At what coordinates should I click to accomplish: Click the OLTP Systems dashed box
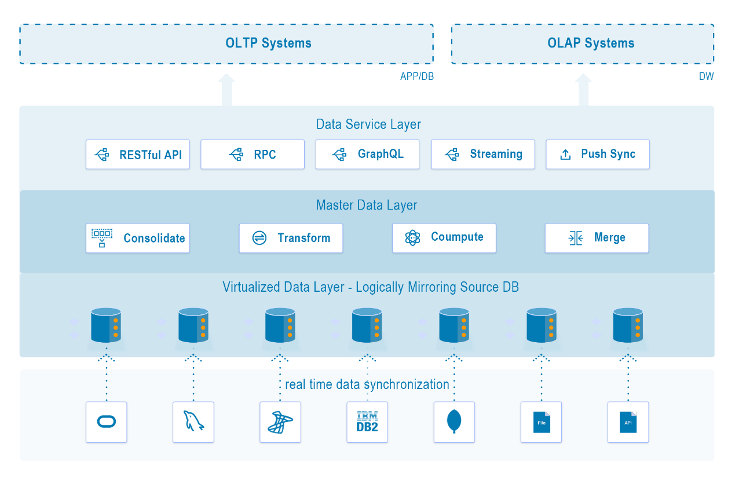[x=226, y=43]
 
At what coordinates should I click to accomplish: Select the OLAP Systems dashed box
[x=583, y=43]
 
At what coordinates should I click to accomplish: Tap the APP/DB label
[x=416, y=76]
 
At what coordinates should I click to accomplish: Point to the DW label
[x=706, y=76]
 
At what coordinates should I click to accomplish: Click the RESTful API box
[x=138, y=155]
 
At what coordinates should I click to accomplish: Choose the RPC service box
[x=253, y=155]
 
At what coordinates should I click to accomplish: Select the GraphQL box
[x=367, y=155]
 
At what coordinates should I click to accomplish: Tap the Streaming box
[x=483, y=155]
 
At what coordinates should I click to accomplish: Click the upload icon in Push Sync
[x=565, y=155]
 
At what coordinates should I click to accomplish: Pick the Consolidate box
[x=138, y=238]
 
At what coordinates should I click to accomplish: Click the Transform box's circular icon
[x=259, y=238]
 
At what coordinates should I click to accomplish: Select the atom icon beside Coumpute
[x=412, y=238]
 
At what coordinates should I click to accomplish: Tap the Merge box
[x=597, y=238]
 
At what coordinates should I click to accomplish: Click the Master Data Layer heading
[x=367, y=206]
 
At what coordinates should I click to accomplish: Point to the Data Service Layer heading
[x=368, y=124]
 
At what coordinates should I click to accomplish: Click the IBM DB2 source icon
[x=367, y=422]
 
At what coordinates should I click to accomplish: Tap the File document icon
[x=542, y=422]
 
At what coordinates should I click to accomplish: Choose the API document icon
[x=628, y=422]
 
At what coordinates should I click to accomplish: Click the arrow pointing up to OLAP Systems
[x=583, y=90]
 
